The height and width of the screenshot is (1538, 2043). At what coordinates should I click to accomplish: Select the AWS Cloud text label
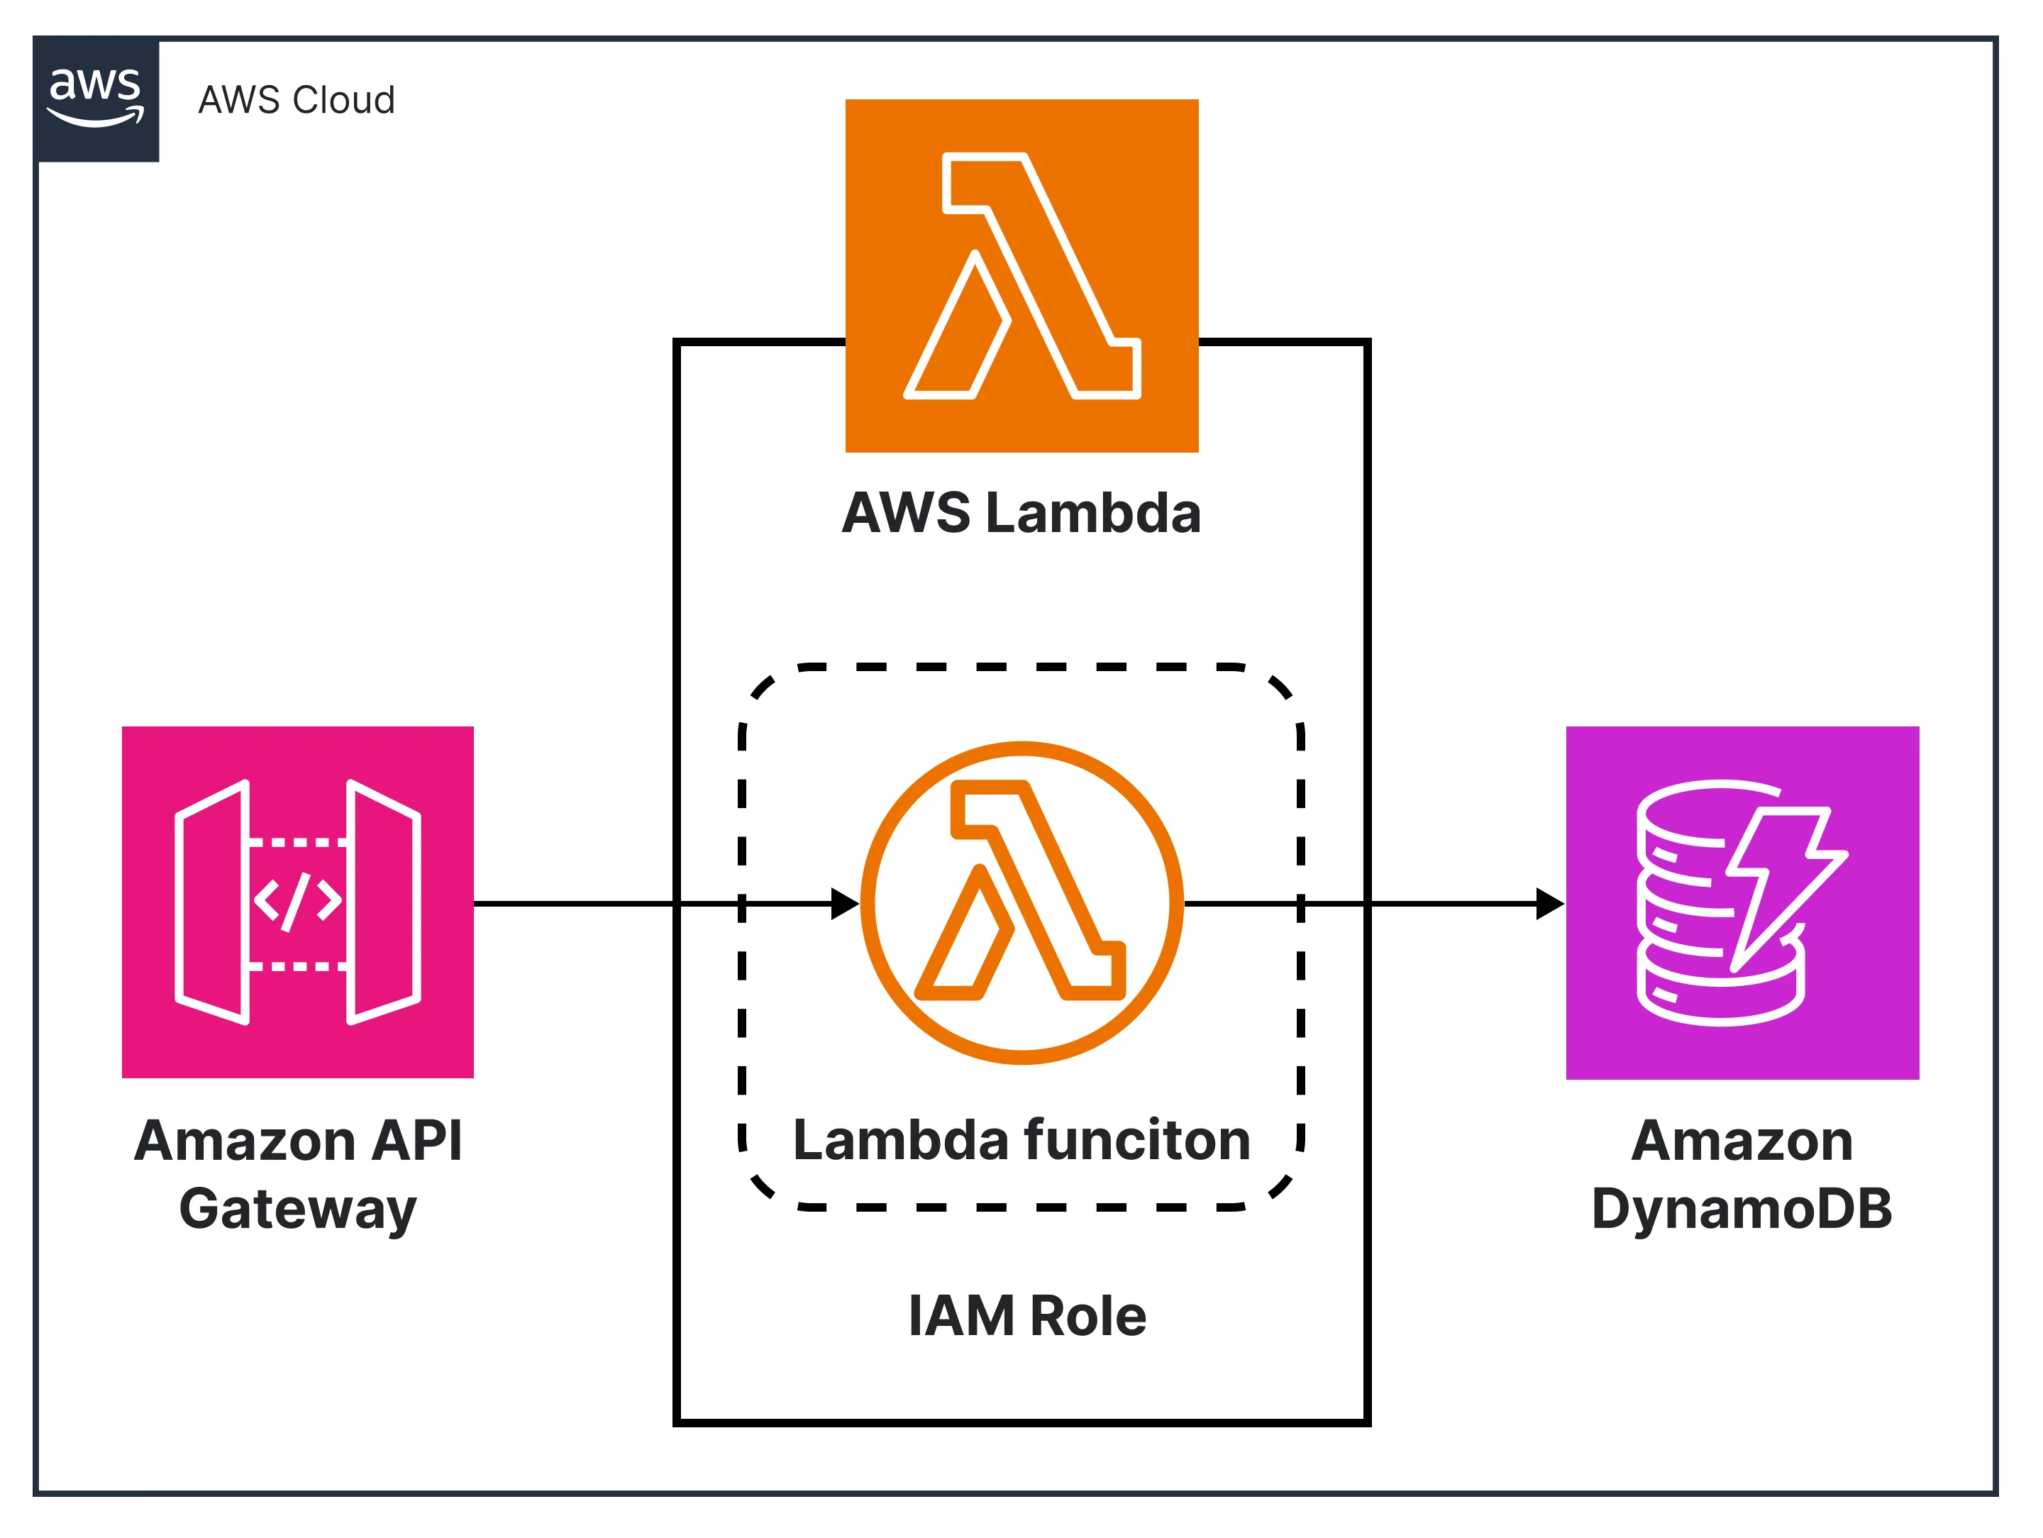click(297, 100)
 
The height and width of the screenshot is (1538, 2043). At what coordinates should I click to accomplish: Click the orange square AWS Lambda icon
click(1021, 275)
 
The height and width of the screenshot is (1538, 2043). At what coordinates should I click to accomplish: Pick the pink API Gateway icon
click(297, 902)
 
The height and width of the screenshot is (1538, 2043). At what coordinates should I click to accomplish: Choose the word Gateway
click(297, 1210)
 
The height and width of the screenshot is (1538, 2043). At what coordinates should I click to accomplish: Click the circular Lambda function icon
click(1021, 902)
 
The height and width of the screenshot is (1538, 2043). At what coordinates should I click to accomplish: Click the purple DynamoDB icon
click(1742, 902)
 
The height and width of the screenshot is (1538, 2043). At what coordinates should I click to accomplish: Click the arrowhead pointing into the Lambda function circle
click(845, 903)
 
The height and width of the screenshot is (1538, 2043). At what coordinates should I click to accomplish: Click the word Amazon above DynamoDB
click(1742, 1141)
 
